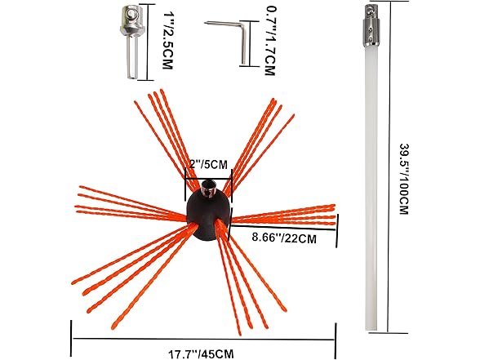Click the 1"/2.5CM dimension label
click(x=168, y=41)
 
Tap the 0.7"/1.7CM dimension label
click(x=270, y=41)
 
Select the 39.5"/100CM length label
click(x=404, y=179)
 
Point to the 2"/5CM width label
click(x=208, y=164)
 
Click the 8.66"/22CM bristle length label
click(x=284, y=238)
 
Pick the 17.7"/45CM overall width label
click(x=201, y=354)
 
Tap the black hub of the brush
click(x=208, y=216)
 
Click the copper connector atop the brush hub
click(x=209, y=189)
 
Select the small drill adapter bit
click(x=132, y=42)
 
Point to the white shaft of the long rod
click(x=371, y=188)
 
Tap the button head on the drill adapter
click(x=131, y=13)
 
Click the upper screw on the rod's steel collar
click(x=371, y=29)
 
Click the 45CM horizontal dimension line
click(x=203, y=340)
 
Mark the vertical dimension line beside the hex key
click(x=250, y=43)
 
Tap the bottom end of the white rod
click(x=371, y=331)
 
